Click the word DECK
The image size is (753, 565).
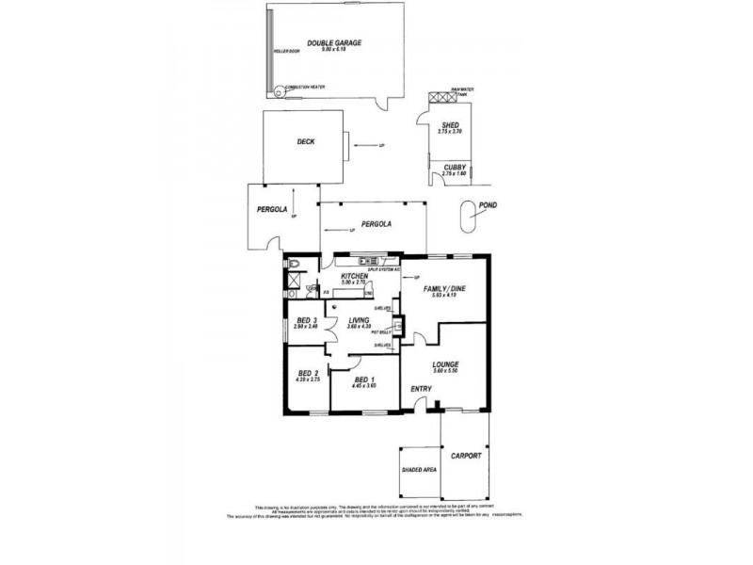pos(305,142)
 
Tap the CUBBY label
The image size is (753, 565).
pos(455,167)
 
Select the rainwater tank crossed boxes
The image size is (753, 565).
pos(441,97)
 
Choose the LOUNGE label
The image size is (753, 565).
pos(445,363)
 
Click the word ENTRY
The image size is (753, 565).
pos(419,388)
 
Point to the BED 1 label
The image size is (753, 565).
pos(363,379)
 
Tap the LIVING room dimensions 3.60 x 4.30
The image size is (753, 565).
pos(359,327)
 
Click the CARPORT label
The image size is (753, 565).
pos(465,456)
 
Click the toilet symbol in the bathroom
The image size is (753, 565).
pos(294,264)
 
